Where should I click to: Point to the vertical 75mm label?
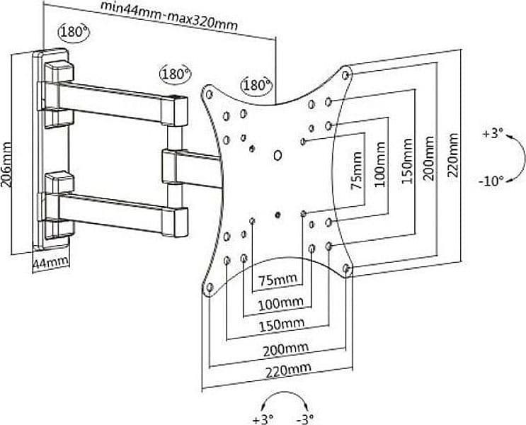click(x=357, y=171)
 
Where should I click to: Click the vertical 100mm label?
click(x=379, y=164)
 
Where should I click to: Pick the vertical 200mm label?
click(x=429, y=158)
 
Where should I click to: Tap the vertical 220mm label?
click(x=453, y=155)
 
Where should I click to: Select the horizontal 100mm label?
click(x=281, y=304)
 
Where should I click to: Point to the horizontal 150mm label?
click(x=282, y=324)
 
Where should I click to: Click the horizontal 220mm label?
click(x=289, y=370)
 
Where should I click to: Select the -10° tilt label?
click(x=491, y=181)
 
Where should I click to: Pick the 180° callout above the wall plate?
click(x=74, y=32)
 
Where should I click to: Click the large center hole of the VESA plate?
click(x=278, y=155)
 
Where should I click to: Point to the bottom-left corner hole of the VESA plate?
click(x=210, y=288)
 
